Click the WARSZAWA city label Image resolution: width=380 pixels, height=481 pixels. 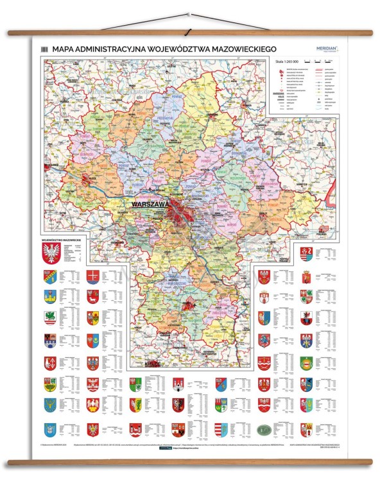point(149,204)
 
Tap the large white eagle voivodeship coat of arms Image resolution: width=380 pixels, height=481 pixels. point(51,253)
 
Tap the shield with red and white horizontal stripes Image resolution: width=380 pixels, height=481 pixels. point(221,428)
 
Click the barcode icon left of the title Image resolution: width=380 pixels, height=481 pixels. point(44,49)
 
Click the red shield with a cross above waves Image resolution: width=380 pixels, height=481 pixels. point(93,276)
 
